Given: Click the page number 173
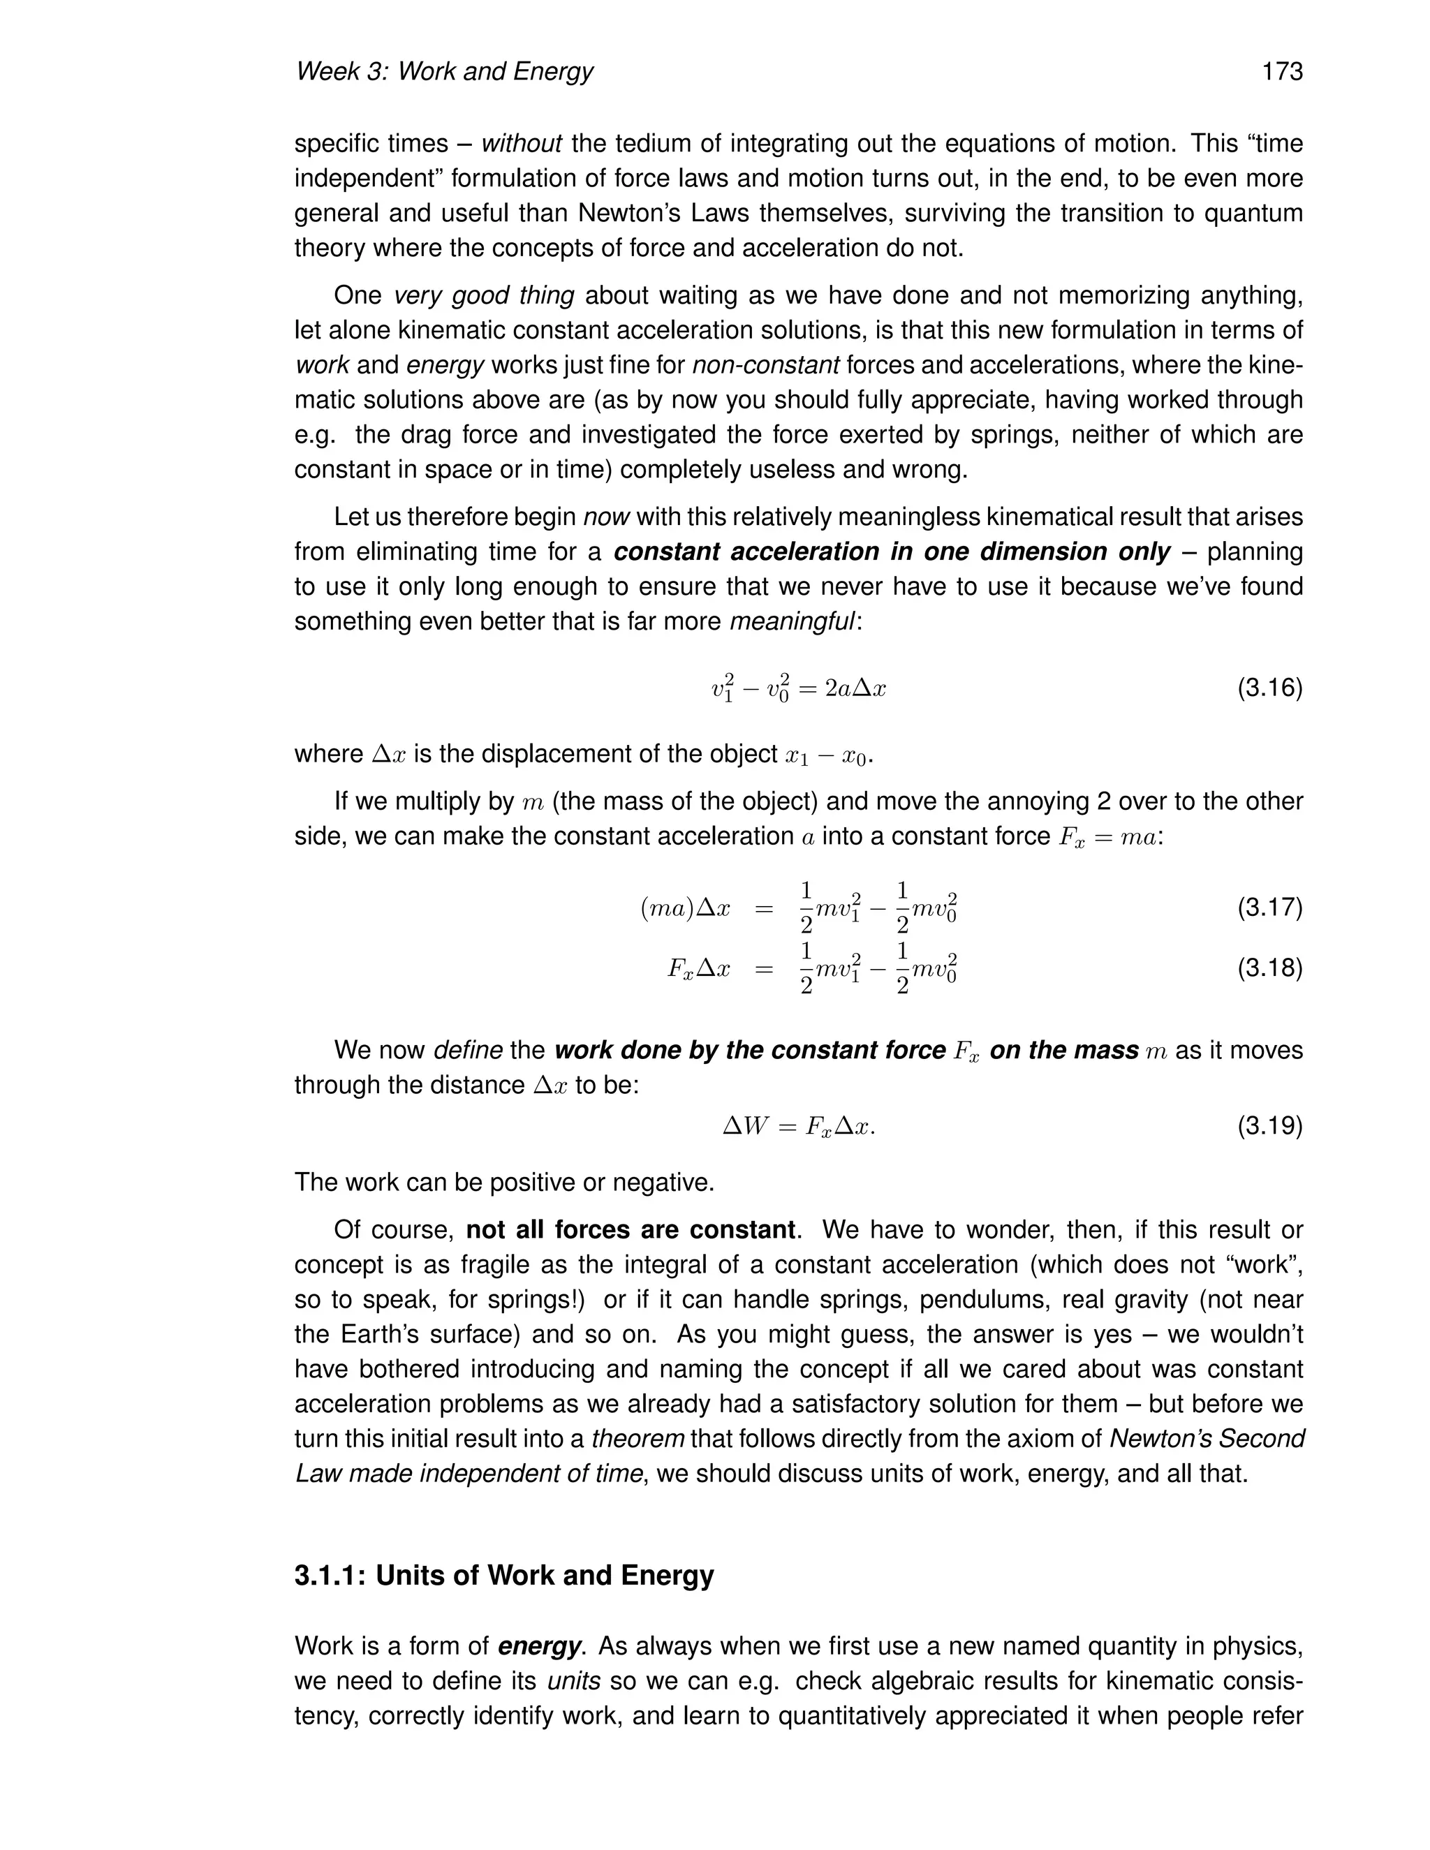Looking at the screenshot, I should [x=1282, y=72].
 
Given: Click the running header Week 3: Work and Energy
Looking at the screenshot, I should [x=444, y=72].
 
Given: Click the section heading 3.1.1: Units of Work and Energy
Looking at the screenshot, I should [x=504, y=1575].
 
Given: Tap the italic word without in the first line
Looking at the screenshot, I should [x=521, y=143].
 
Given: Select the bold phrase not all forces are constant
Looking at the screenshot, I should [x=631, y=1229].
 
